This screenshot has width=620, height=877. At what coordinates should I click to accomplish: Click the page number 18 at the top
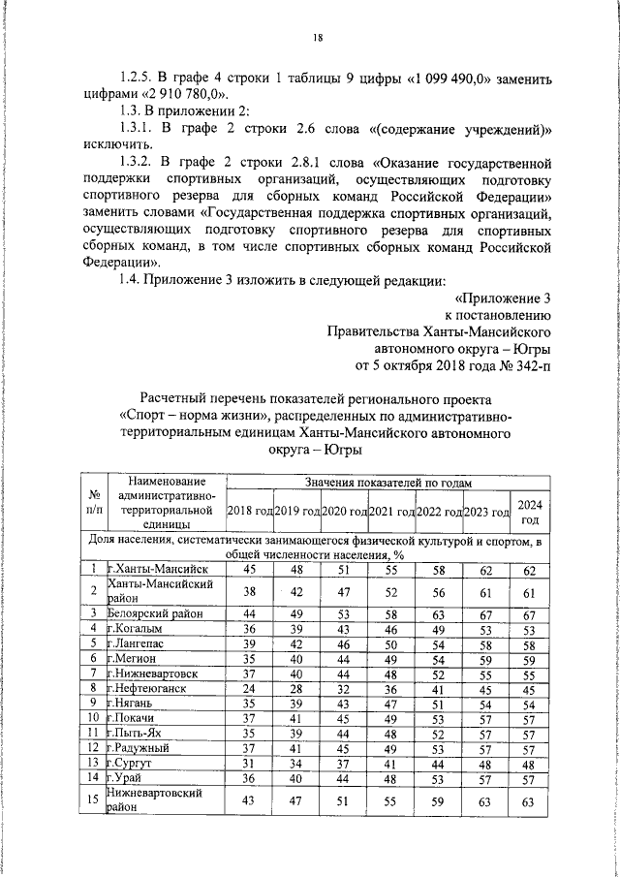tap(317, 38)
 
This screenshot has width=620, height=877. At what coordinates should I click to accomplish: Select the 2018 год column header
tap(249, 511)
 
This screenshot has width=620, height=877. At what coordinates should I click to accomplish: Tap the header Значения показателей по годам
tap(387, 482)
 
